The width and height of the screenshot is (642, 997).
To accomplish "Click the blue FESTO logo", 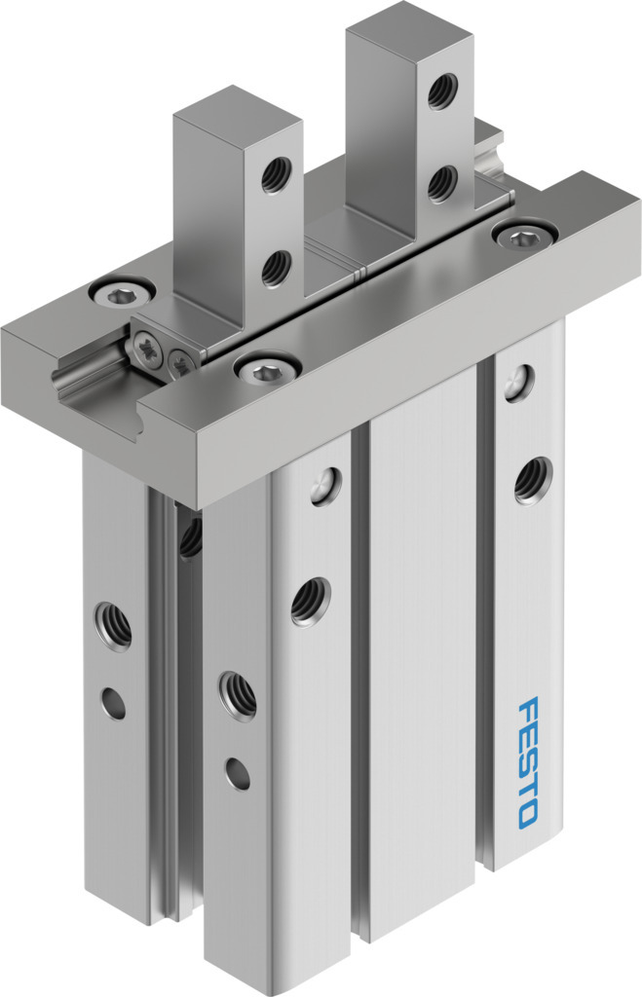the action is pos(528,762).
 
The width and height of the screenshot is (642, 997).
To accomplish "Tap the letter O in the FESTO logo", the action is pos(528,815).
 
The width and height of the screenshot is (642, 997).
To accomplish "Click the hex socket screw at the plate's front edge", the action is pos(267,369).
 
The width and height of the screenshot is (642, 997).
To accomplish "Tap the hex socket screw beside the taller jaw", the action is pos(525,235).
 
